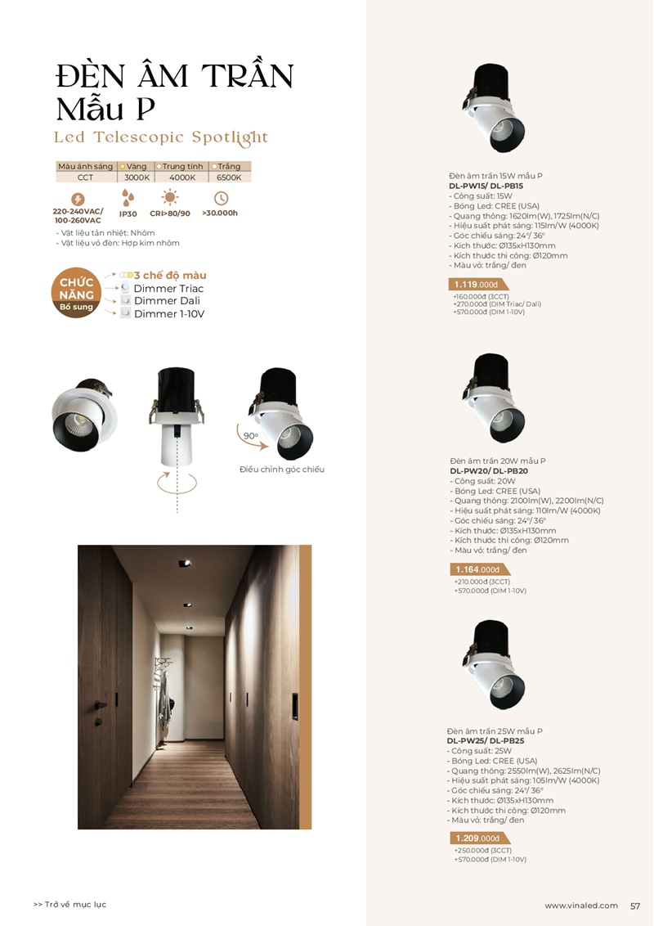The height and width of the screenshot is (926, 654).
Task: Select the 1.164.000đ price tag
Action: tap(477, 569)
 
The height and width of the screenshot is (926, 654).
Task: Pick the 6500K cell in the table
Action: tap(229, 178)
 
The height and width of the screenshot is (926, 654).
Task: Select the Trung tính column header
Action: tap(181, 166)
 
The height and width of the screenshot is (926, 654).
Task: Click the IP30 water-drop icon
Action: tap(128, 198)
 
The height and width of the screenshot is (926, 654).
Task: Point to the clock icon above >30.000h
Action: tap(220, 198)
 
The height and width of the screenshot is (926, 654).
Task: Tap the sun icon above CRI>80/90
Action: tap(170, 197)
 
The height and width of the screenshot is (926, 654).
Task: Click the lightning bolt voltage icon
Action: tap(78, 199)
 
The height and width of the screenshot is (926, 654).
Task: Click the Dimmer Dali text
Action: tap(163, 301)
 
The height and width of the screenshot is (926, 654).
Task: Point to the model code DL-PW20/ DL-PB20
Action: tap(489, 471)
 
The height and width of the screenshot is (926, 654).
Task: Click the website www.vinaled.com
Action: tap(581, 906)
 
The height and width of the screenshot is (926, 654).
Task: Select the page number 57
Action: tap(635, 906)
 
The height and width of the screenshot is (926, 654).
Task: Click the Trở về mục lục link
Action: tap(70, 905)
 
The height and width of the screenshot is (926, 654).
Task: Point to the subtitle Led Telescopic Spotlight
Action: tap(161, 137)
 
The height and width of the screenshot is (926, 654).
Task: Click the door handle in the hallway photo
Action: tap(100, 703)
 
